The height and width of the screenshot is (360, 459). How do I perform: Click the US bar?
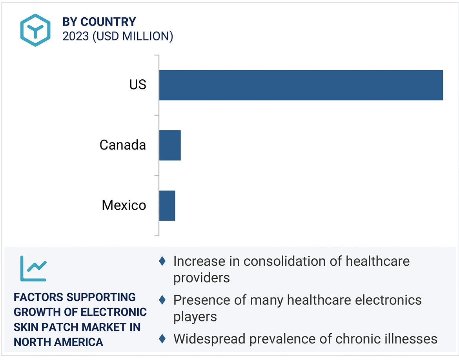(301, 85)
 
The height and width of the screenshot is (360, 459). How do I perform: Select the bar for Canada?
(170, 145)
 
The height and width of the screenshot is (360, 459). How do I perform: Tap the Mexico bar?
(167, 206)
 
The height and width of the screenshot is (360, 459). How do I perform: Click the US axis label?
(138, 85)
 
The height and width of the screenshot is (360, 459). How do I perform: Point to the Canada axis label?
(122, 145)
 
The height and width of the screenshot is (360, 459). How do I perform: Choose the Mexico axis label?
(124, 205)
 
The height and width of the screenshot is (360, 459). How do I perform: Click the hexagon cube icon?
(36, 30)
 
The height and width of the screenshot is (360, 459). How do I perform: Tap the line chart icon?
(34, 269)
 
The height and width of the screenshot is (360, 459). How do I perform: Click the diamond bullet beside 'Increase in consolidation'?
(162, 261)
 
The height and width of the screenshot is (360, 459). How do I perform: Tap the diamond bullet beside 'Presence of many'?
(162, 300)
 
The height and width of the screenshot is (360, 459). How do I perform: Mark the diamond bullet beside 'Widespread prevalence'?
(162, 338)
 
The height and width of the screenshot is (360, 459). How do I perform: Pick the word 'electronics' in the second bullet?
(388, 300)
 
